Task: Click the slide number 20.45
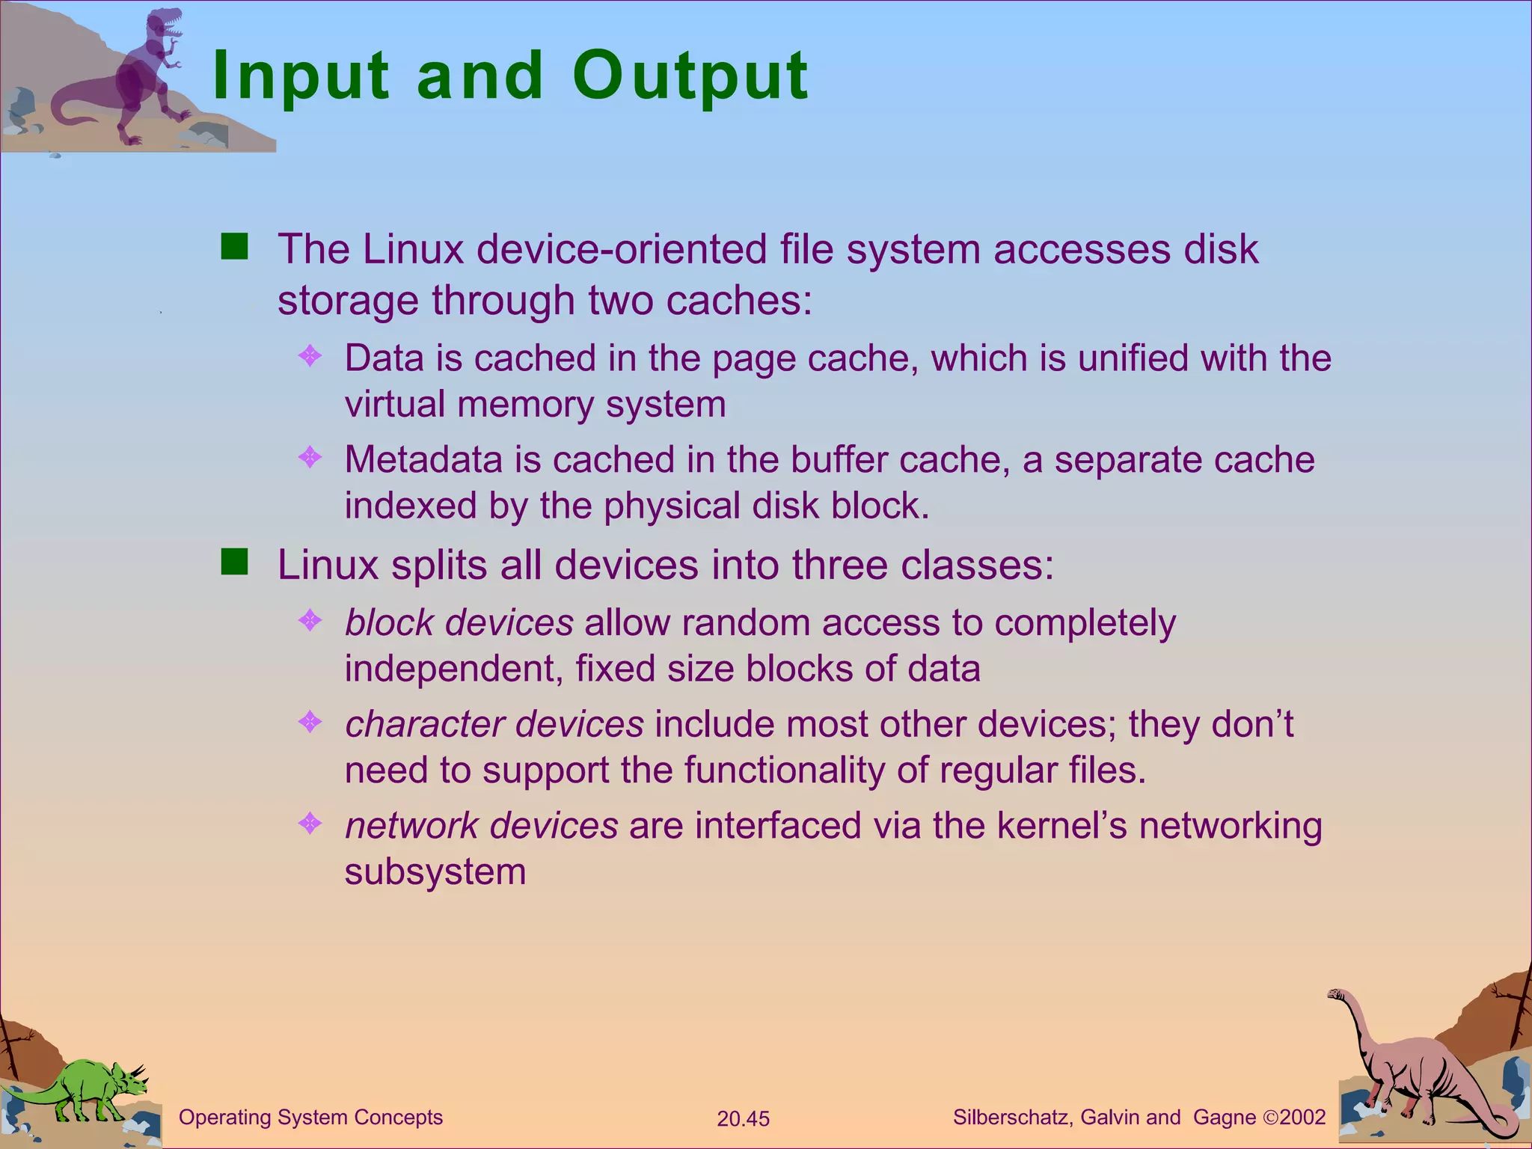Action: pos(743,1119)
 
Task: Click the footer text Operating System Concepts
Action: pos(310,1118)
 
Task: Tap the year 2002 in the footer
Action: pos(1302,1118)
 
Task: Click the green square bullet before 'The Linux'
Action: pos(234,246)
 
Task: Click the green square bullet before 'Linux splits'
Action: pos(234,562)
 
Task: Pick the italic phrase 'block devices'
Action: pos(459,622)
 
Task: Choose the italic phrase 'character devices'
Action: pos(494,724)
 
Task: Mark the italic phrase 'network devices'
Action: pos(481,826)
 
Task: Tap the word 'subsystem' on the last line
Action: pos(435,872)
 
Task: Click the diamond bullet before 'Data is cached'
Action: pos(310,355)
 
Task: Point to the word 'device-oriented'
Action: pos(622,249)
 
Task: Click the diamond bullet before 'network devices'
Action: pos(310,824)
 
